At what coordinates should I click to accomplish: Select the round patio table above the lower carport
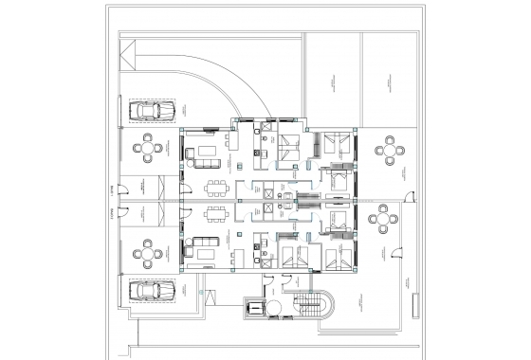pos(147,255)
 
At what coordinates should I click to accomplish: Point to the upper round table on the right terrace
pos(389,149)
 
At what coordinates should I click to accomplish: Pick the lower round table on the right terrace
pos(383,221)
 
